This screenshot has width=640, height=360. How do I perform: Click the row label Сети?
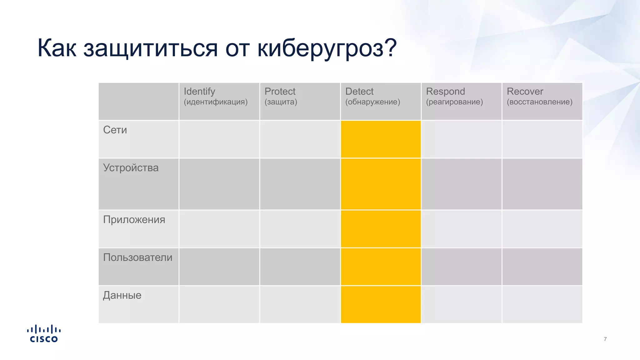(x=115, y=130)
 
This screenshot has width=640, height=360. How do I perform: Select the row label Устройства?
(x=131, y=168)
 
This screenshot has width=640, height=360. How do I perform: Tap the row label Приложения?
(x=134, y=220)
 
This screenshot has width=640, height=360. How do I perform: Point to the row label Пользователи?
(x=137, y=257)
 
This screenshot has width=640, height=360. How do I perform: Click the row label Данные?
(x=122, y=295)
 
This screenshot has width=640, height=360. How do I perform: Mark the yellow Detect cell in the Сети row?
(x=381, y=139)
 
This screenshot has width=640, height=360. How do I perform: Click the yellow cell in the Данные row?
(x=381, y=304)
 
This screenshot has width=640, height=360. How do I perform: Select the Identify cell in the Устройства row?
(x=219, y=184)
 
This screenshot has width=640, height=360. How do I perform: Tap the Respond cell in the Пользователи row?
(x=461, y=267)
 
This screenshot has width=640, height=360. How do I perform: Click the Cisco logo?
(x=44, y=334)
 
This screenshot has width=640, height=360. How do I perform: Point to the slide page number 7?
(x=605, y=339)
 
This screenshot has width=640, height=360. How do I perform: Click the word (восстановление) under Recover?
(x=539, y=102)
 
